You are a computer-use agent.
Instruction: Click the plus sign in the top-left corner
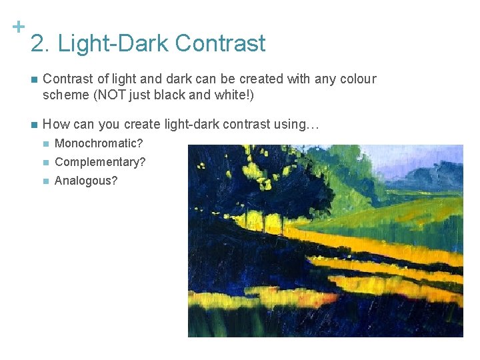(19, 27)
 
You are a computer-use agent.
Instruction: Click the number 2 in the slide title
(38, 44)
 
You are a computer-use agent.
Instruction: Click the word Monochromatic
(99, 143)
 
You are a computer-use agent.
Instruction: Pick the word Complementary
(100, 162)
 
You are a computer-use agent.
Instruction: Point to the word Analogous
(85, 181)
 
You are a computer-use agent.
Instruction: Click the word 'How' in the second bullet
(55, 124)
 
